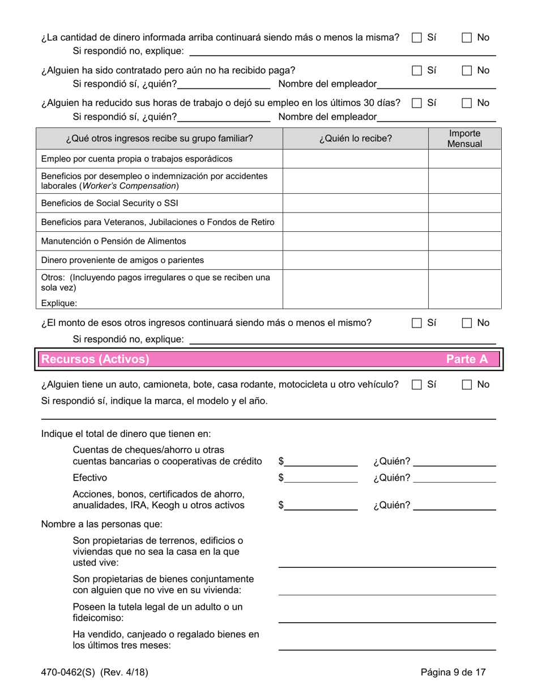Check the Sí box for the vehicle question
click(x=417, y=385)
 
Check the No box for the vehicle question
click(x=467, y=385)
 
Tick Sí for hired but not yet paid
click(x=417, y=71)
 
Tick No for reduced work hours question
click(x=467, y=104)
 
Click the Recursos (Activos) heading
click(x=96, y=359)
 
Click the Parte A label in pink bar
click(x=467, y=359)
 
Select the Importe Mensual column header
click(x=464, y=139)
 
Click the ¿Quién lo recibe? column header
click(x=355, y=139)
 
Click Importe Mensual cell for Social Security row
click(x=464, y=203)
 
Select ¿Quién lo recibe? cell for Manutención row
click(x=355, y=241)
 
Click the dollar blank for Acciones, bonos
click(x=321, y=505)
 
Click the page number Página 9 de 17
click(x=453, y=673)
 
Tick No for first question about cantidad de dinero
click(x=467, y=38)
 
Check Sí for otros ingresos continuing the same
click(x=417, y=324)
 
